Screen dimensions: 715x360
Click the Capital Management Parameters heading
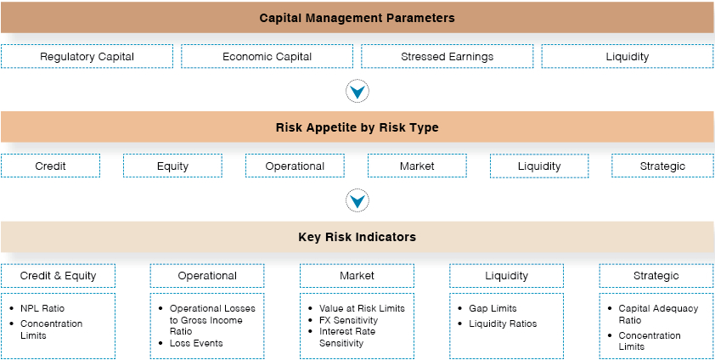[357, 18]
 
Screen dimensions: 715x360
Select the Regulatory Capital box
[87, 57]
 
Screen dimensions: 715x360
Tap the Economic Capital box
[267, 57]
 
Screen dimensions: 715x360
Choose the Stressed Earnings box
[447, 57]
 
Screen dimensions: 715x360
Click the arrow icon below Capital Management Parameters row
[357, 91]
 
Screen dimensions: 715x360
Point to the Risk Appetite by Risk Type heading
[357, 127]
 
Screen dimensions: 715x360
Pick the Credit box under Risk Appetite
[50, 166]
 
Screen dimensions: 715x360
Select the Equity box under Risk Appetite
[172, 166]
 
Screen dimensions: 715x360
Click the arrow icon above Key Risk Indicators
[357, 200]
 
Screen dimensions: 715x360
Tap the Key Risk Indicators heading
[357, 237]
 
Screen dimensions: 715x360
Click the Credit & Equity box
[58, 276]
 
